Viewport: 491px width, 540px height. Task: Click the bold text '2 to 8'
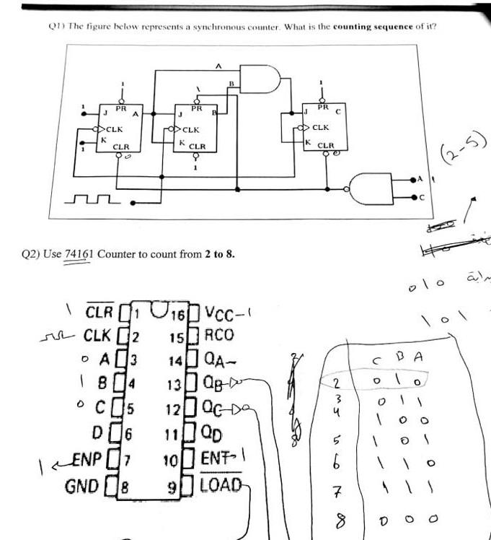pos(219,255)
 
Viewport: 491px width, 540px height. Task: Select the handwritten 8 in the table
pos(337,520)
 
